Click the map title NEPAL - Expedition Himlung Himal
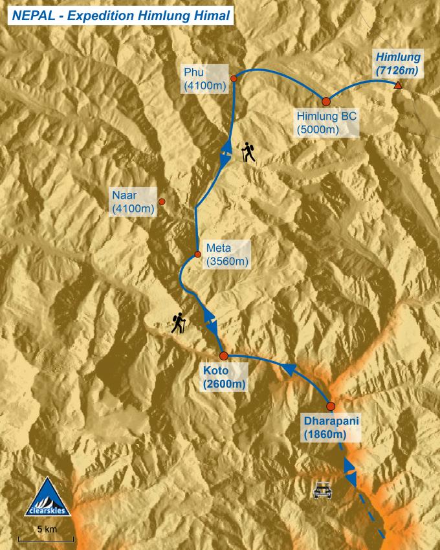coord(120,15)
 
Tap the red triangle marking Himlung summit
coord(398,86)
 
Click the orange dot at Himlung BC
coord(326,101)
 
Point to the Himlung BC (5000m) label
coord(327,123)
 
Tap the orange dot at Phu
coord(234,78)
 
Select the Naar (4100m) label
coord(133,202)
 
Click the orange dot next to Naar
coord(162,202)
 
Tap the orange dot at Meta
coord(197,254)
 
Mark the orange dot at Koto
coord(223,356)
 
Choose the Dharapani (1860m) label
coord(331,428)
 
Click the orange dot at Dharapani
coord(330,406)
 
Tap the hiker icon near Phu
coord(248,153)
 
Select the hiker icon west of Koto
coord(179,323)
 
